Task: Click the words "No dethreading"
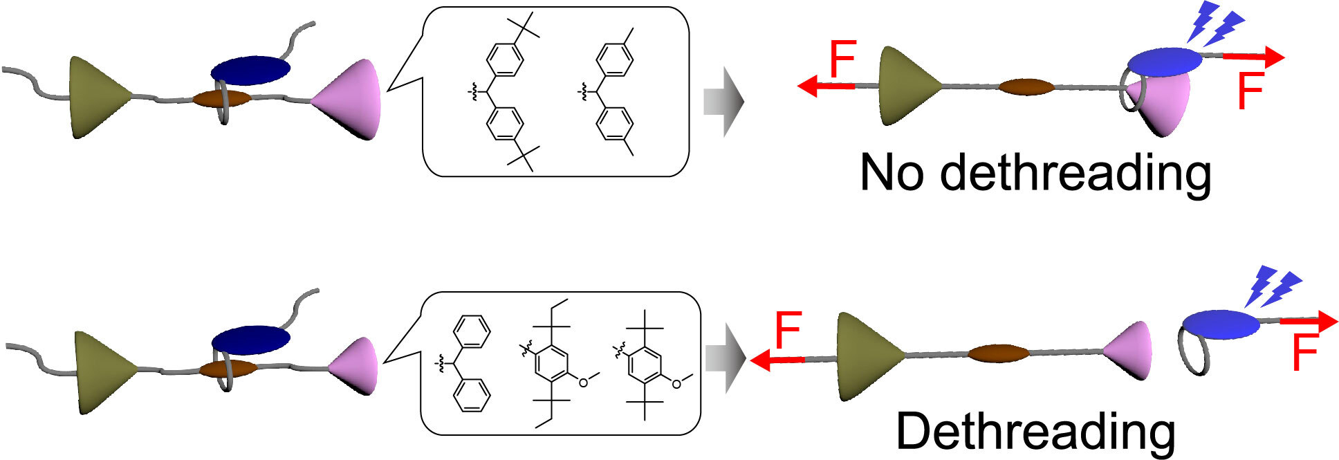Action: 1035,173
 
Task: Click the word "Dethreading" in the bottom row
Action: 1035,432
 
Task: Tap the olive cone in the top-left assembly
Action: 97,97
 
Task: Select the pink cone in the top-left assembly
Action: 353,99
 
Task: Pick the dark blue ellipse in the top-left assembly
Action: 250,70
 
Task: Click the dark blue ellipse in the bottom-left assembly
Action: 250,339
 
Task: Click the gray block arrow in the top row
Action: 723,102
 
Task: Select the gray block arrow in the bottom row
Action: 725,358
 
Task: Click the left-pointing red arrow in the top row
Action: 827,86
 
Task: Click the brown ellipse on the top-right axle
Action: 1027,87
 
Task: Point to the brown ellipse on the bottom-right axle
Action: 998,353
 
